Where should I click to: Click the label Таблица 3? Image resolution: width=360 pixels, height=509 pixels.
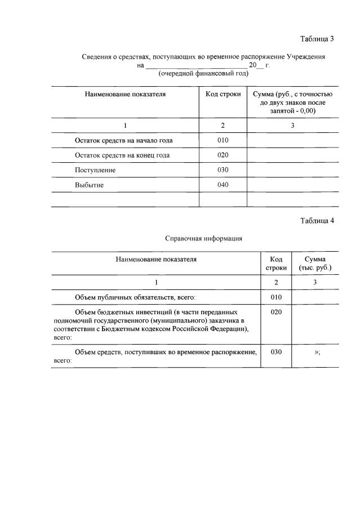pyautogui.click(x=317, y=39)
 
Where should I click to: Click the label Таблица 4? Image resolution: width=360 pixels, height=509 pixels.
pyautogui.click(x=317, y=220)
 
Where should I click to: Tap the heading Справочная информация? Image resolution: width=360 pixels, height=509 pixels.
pyautogui.click(x=203, y=238)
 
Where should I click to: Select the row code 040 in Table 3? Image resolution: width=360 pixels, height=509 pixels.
pyautogui.click(x=223, y=185)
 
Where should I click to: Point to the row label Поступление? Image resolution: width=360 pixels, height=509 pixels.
pyautogui.click(x=95, y=169)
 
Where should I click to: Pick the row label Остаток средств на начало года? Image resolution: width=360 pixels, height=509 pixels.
pyautogui.click(x=123, y=140)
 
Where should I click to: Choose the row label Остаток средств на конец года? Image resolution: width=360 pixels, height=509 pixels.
pyautogui.click(x=122, y=155)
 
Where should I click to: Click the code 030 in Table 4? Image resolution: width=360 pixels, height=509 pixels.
pyautogui.click(x=275, y=351)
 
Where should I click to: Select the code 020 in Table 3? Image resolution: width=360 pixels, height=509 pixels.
pyautogui.click(x=223, y=155)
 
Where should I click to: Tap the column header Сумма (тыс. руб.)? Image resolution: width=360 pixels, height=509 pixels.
pyautogui.click(x=315, y=263)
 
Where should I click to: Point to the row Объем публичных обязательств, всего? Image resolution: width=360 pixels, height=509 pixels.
pyautogui.click(x=135, y=297)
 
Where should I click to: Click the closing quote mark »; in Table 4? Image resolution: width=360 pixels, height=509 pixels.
pyautogui.click(x=317, y=352)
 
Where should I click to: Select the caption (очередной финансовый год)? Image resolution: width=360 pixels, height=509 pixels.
pyautogui.click(x=203, y=74)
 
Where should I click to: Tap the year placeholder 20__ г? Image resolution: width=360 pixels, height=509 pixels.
pyautogui.click(x=259, y=65)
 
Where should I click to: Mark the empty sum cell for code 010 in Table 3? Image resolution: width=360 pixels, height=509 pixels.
pyautogui.click(x=292, y=140)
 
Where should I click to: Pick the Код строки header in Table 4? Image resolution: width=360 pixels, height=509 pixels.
pyautogui.click(x=275, y=263)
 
